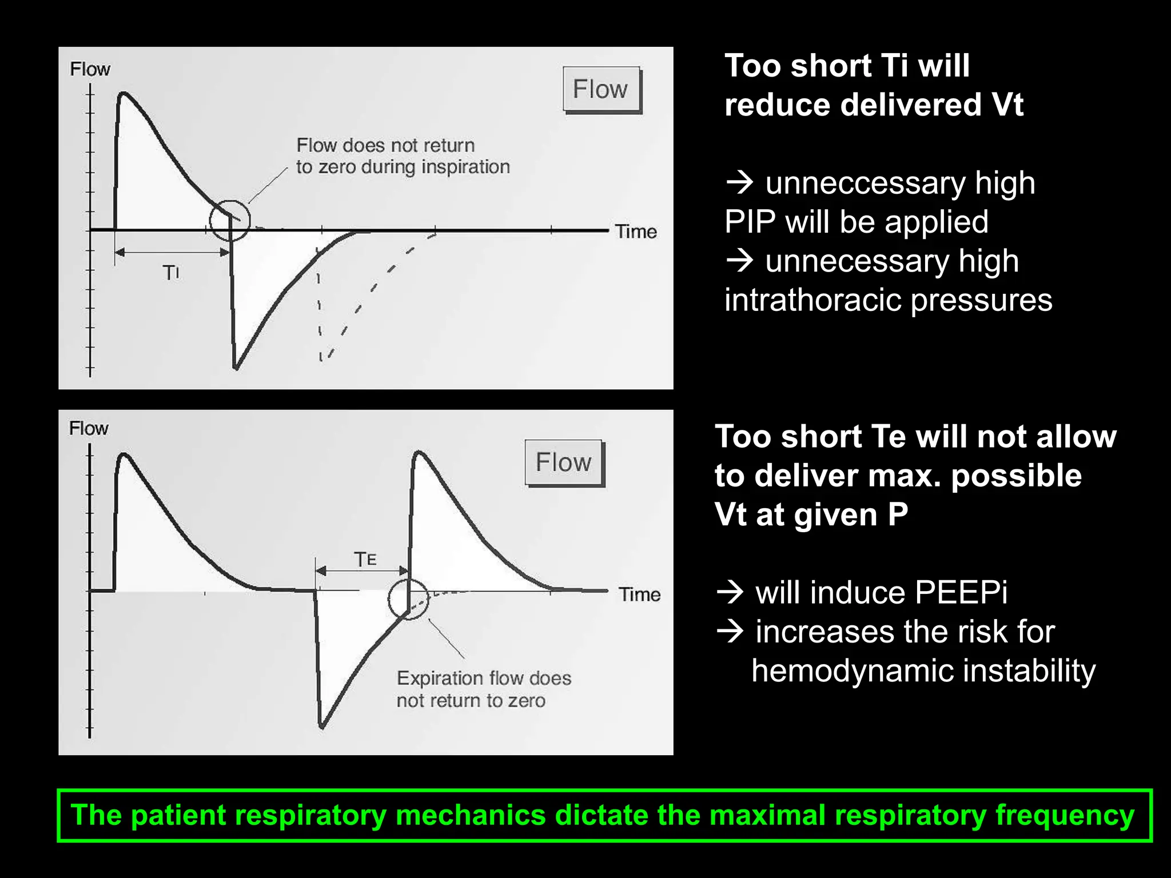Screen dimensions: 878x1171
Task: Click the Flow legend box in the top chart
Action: coord(601,89)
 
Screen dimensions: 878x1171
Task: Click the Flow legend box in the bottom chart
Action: coord(564,462)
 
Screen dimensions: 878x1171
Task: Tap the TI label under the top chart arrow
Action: coord(170,273)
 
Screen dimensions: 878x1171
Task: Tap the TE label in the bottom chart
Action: coord(365,558)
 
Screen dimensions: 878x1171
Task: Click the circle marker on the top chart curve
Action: coord(230,221)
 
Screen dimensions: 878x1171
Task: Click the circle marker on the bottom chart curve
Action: coord(408,598)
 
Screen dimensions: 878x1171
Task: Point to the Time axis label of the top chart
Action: coord(635,232)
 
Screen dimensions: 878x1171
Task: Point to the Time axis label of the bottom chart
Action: coord(639,594)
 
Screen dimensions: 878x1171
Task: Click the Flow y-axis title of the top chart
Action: coord(90,69)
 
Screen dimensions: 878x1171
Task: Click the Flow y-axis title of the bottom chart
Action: coord(89,428)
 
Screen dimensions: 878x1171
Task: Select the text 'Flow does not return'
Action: coord(385,145)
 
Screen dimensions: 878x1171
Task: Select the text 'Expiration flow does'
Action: coord(484,678)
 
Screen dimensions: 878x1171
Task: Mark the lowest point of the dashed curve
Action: coord(321,359)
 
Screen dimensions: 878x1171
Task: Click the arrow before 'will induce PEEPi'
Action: coord(730,592)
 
